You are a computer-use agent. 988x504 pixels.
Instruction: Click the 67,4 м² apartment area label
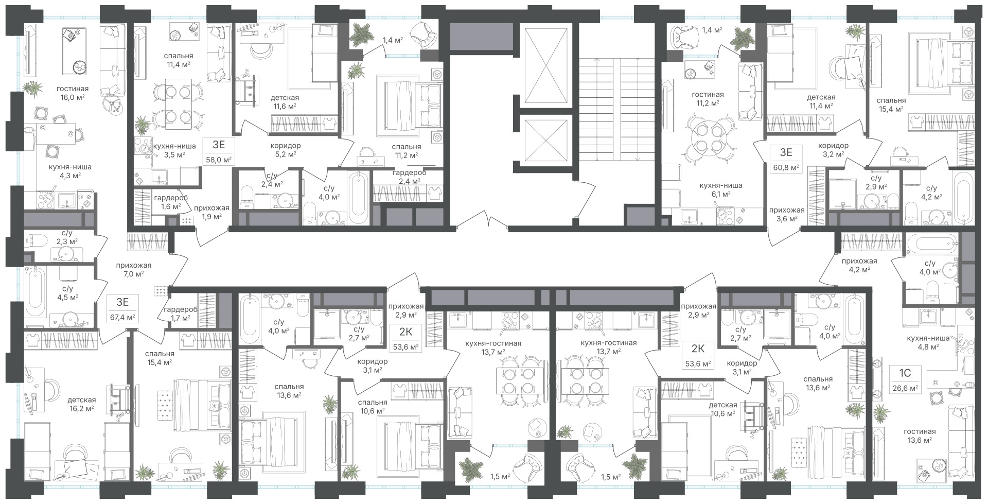122,317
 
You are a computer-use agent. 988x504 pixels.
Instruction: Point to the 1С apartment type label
905,372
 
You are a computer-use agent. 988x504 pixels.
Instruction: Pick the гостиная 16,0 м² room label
72,93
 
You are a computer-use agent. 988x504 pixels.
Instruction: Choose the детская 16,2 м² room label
81,404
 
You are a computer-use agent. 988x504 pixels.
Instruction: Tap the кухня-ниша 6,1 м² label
720,189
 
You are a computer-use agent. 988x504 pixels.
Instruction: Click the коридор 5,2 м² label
285,150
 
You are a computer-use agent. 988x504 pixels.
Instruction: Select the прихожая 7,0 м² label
133,270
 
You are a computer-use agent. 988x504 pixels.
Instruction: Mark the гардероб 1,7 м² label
179,314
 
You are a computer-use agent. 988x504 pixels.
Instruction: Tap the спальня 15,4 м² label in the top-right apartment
892,105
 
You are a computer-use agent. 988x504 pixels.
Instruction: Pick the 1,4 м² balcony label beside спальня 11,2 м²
392,39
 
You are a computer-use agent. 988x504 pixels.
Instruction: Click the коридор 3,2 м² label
833,150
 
